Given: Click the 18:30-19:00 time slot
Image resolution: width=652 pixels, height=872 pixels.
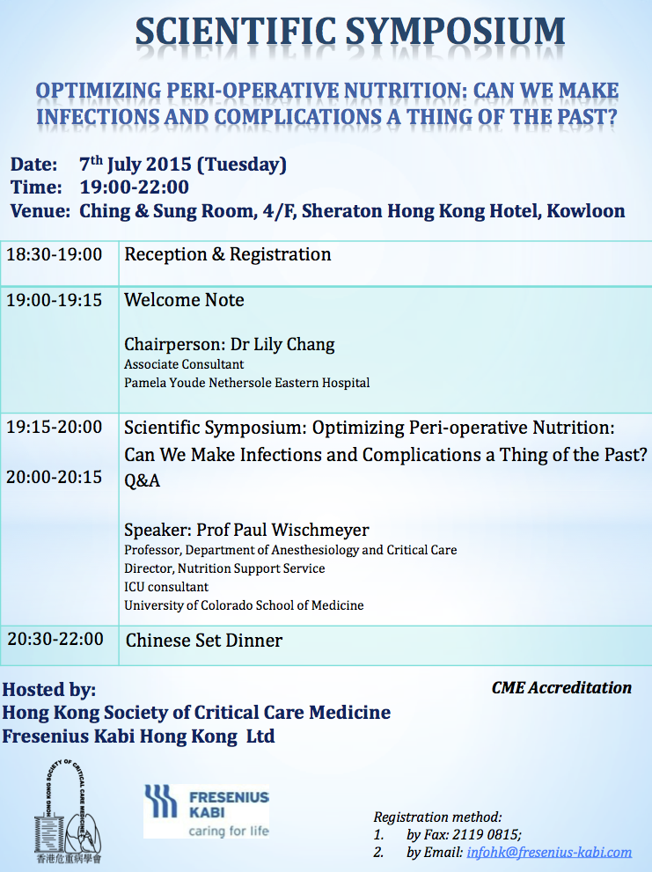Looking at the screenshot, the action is tap(54, 254).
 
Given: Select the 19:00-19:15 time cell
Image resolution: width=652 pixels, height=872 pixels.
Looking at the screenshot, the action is tap(54, 300).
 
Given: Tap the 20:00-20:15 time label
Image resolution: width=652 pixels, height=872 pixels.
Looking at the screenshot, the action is tap(54, 477).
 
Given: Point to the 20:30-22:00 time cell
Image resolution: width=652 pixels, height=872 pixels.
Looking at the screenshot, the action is tap(55, 639).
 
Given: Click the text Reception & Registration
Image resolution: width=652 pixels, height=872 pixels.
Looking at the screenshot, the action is tap(228, 254).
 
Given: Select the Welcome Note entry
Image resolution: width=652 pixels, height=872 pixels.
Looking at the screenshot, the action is tap(184, 300).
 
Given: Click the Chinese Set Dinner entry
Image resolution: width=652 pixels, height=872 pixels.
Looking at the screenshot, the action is tap(203, 640).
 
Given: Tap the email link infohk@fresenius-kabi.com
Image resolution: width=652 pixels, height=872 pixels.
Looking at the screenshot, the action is tap(549, 852).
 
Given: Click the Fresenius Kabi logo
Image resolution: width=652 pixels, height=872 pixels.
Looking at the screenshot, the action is tap(207, 810).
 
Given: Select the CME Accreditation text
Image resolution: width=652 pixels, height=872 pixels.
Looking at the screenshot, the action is tap(561, 688).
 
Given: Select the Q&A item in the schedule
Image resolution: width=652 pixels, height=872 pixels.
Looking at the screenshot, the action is tap(142, 480).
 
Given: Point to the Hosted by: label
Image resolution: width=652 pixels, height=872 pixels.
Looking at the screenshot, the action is tap(49, 690).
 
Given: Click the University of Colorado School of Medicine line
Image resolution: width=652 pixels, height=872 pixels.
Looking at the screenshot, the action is tap(244, 605).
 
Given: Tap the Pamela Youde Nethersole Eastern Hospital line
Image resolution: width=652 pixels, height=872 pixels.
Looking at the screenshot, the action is tap(247, 383).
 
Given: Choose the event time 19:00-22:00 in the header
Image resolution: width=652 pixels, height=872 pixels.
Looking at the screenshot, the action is tap(134, 187).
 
